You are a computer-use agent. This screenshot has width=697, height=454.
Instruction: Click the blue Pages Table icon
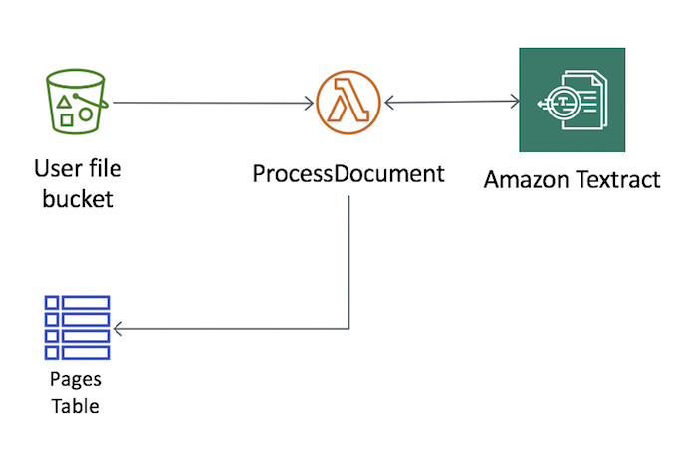[x=76, y=328]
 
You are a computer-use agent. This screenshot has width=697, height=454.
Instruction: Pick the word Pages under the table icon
[x=76, y=380]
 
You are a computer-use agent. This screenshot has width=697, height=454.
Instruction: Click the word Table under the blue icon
[x=76, y=405]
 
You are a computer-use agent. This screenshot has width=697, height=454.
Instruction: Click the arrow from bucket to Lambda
[x=209, y=102]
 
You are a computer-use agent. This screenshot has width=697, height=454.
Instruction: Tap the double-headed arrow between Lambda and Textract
[x=452, y=101]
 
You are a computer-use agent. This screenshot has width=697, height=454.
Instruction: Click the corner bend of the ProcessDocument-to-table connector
[x=348, y=328]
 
